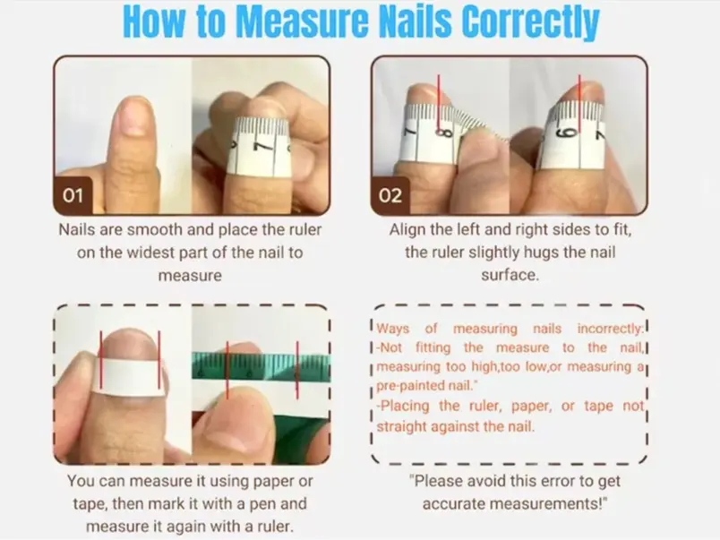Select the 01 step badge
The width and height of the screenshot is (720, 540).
click(x=73, y=195)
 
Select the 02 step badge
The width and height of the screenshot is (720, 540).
click(x=390, y=195)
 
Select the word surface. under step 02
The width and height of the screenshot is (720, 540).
click(x=510, y=275)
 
